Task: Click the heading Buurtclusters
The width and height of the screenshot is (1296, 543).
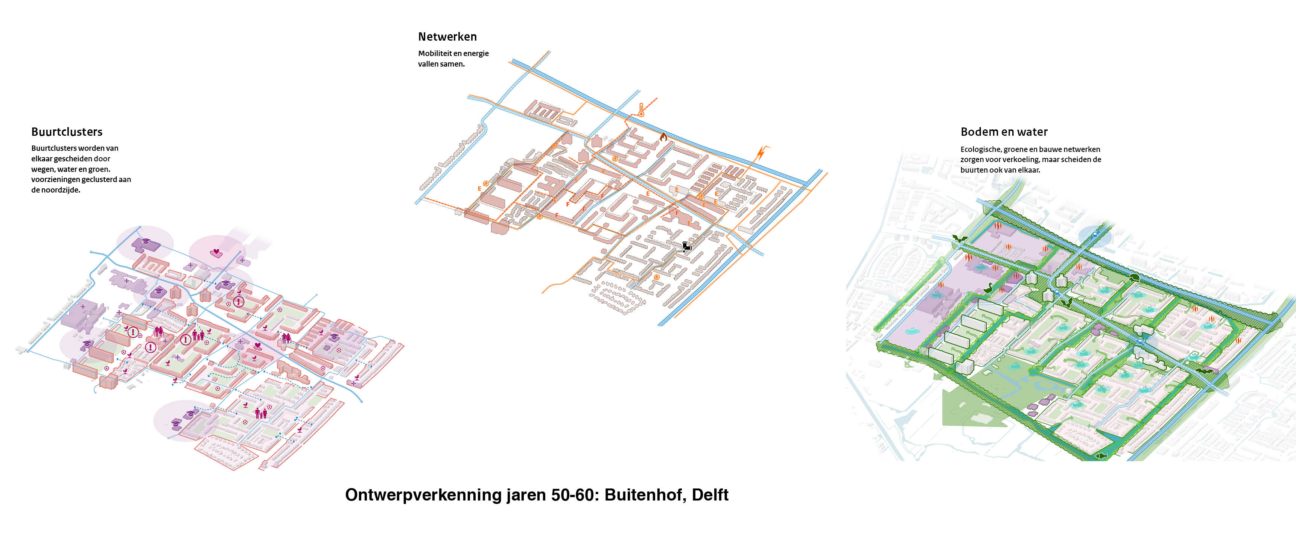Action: click(67, 132)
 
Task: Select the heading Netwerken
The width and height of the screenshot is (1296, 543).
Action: click(447, 37)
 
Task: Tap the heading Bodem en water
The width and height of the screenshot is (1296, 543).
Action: click(1004, 132)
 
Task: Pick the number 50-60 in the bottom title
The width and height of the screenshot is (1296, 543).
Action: click(572, 495)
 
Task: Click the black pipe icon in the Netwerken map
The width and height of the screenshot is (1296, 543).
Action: click(687, 246)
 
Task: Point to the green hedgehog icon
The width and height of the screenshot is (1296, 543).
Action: click(1134, 278)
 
